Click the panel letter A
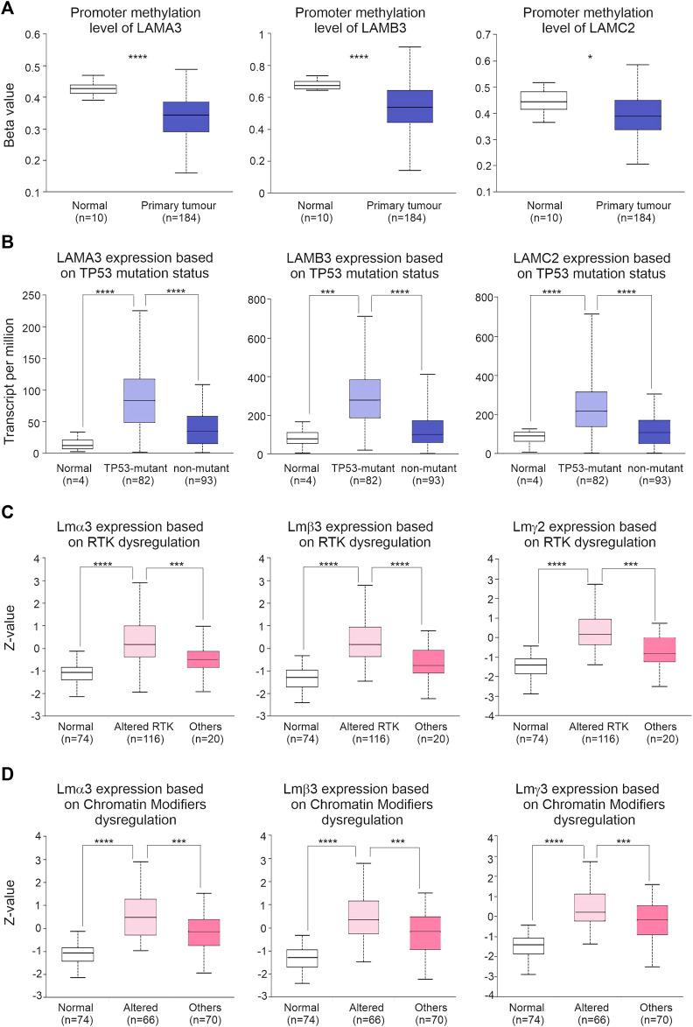10,10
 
